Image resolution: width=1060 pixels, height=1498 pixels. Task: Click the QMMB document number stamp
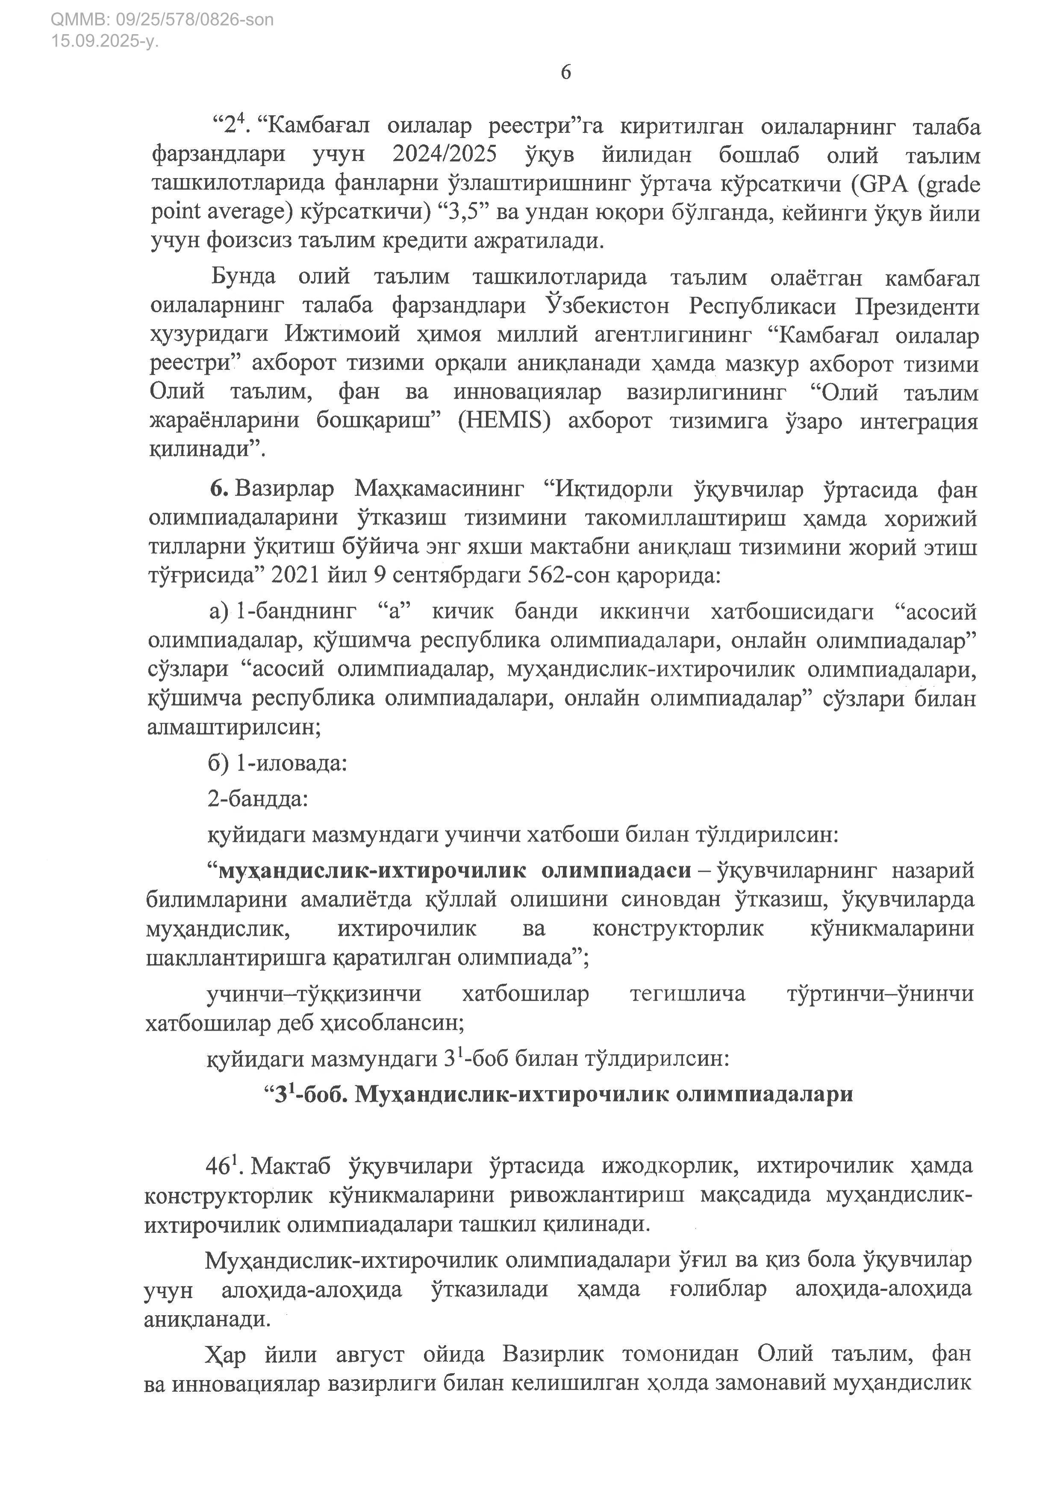(162, 20)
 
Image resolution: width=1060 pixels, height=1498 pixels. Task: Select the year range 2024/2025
(445, 155)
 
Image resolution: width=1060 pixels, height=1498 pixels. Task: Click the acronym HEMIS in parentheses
(504, 421)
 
